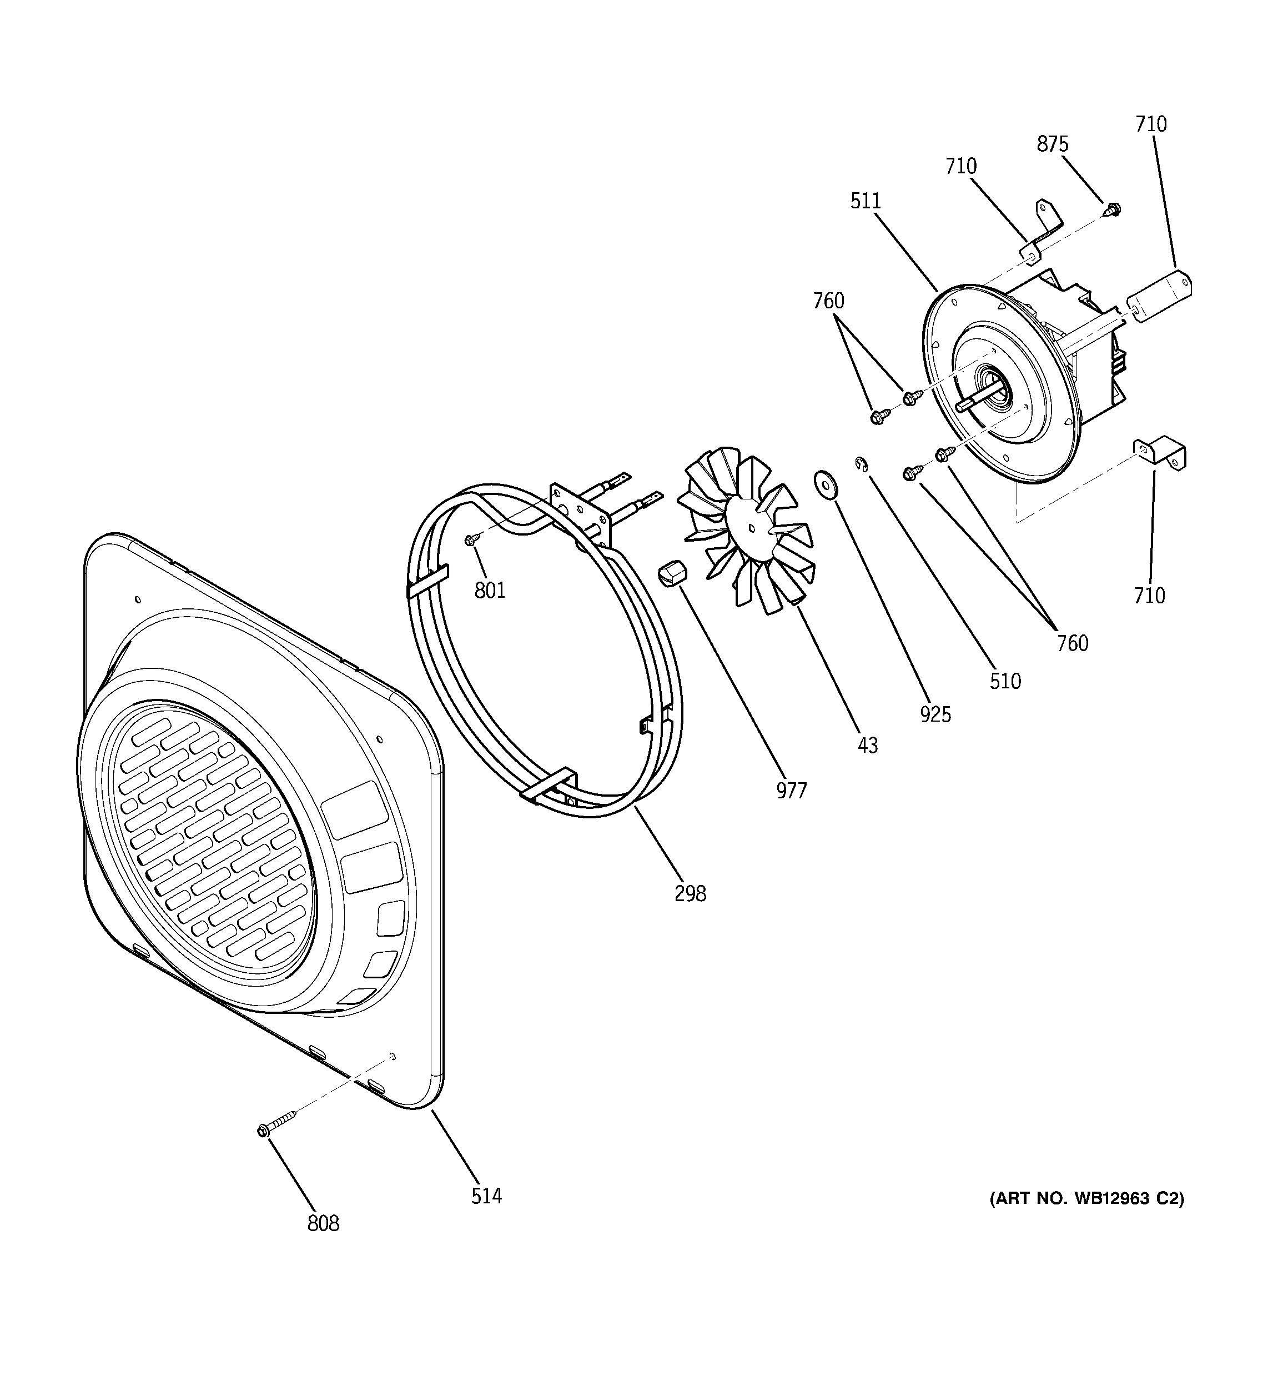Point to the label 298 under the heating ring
pos(690,894)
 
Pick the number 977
pos(791,790)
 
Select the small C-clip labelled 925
pos(861,464)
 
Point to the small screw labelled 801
pos(471,539)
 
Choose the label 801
pos(490,590)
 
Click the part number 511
pos(866,201)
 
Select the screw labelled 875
pos(1113,208)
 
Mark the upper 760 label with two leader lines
pos(828,301)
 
